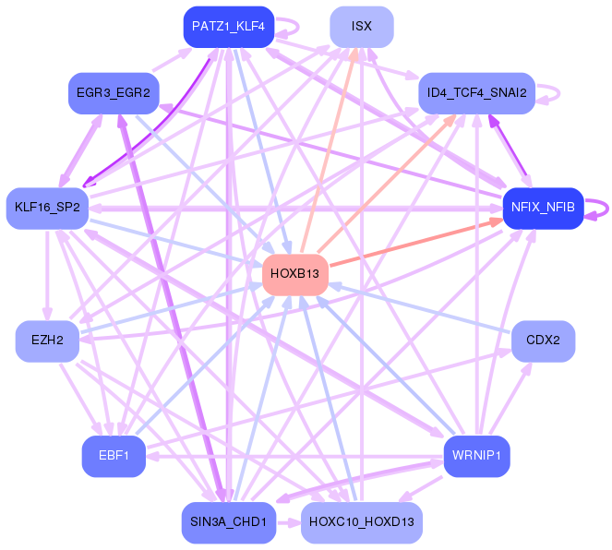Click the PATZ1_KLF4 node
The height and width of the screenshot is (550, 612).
click(x=229, y=27)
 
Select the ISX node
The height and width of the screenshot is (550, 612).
click(x=362, y=27)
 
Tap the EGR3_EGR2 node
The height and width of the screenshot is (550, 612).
click(x=114, y=93)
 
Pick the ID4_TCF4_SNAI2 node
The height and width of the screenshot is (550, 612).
click(x=476, y=93)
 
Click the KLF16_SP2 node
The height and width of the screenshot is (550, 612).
click(x=47, y=209)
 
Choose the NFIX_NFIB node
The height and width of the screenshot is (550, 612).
click(x=543, y=209)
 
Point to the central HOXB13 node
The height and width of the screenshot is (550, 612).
click(x=295, y=275)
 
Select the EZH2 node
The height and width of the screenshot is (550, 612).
click(x=47, y=341)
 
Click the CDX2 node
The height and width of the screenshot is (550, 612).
click(x=543, y=341)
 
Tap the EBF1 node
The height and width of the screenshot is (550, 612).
click(x=114, y=456)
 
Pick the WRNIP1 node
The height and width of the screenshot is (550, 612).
click(x=476, y=456)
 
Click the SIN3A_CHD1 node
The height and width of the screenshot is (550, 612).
click(x=229, y=522)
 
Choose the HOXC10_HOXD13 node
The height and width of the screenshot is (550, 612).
click(x=362, y=522)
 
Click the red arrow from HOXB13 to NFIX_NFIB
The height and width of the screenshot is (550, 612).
click(x=416, y=243)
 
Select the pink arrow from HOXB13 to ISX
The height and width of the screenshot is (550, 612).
click(x=330, y=150)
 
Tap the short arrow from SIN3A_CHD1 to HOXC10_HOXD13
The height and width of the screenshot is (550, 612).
click(x=288, y=522)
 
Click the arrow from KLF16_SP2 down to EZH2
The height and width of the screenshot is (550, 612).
click(x=47, y=275)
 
